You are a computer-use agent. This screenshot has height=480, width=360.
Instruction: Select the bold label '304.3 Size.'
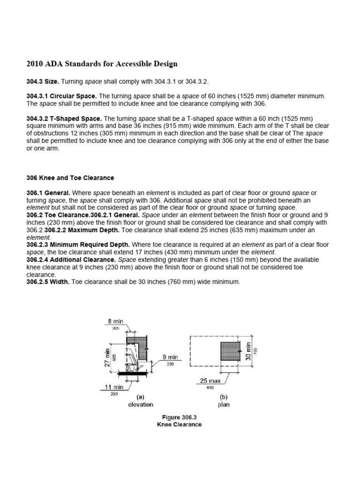[x=42, y=81]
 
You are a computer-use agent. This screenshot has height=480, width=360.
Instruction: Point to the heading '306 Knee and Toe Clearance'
[x=70, y=178]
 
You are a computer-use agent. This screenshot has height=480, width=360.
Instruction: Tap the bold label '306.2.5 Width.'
[x=46, y=281]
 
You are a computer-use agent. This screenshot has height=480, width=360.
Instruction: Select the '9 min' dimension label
[x=170, y=357]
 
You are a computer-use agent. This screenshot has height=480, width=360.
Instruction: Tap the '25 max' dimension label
[x=210, y=381]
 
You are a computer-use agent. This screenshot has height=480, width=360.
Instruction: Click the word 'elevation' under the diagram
[x=140, y=404]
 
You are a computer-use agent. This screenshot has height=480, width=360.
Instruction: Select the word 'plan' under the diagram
[x=224, y=404]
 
